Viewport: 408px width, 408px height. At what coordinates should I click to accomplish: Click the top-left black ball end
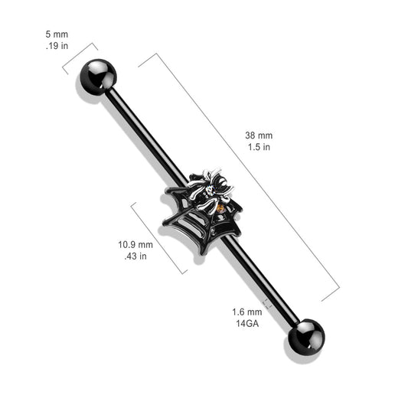pyautogui.click(x=98, y=77)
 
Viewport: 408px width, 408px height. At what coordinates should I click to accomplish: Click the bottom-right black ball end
pyautogui.click(x=306, y=337)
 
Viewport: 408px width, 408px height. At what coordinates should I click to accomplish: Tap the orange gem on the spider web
pyautogui.click(x=220, y=208)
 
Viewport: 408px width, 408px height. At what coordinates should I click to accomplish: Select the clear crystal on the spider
pyautogui.click(x=210, y=190)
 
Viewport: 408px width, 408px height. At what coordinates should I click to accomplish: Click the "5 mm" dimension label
pyautogui.click(x=57, y=34)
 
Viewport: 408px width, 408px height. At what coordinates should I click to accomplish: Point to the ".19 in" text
pyautogui.click(x=57, y=46)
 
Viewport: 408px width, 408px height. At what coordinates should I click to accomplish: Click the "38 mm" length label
pyautogui.click(x=259, y=135)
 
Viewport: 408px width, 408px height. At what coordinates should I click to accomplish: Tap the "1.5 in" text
pyautogui.click(x=259, y=147)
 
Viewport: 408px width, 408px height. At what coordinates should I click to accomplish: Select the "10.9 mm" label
pyautogui.click(x=135, y=245)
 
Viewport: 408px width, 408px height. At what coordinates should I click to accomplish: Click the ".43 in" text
pyautogui.click(x=135, y=256)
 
